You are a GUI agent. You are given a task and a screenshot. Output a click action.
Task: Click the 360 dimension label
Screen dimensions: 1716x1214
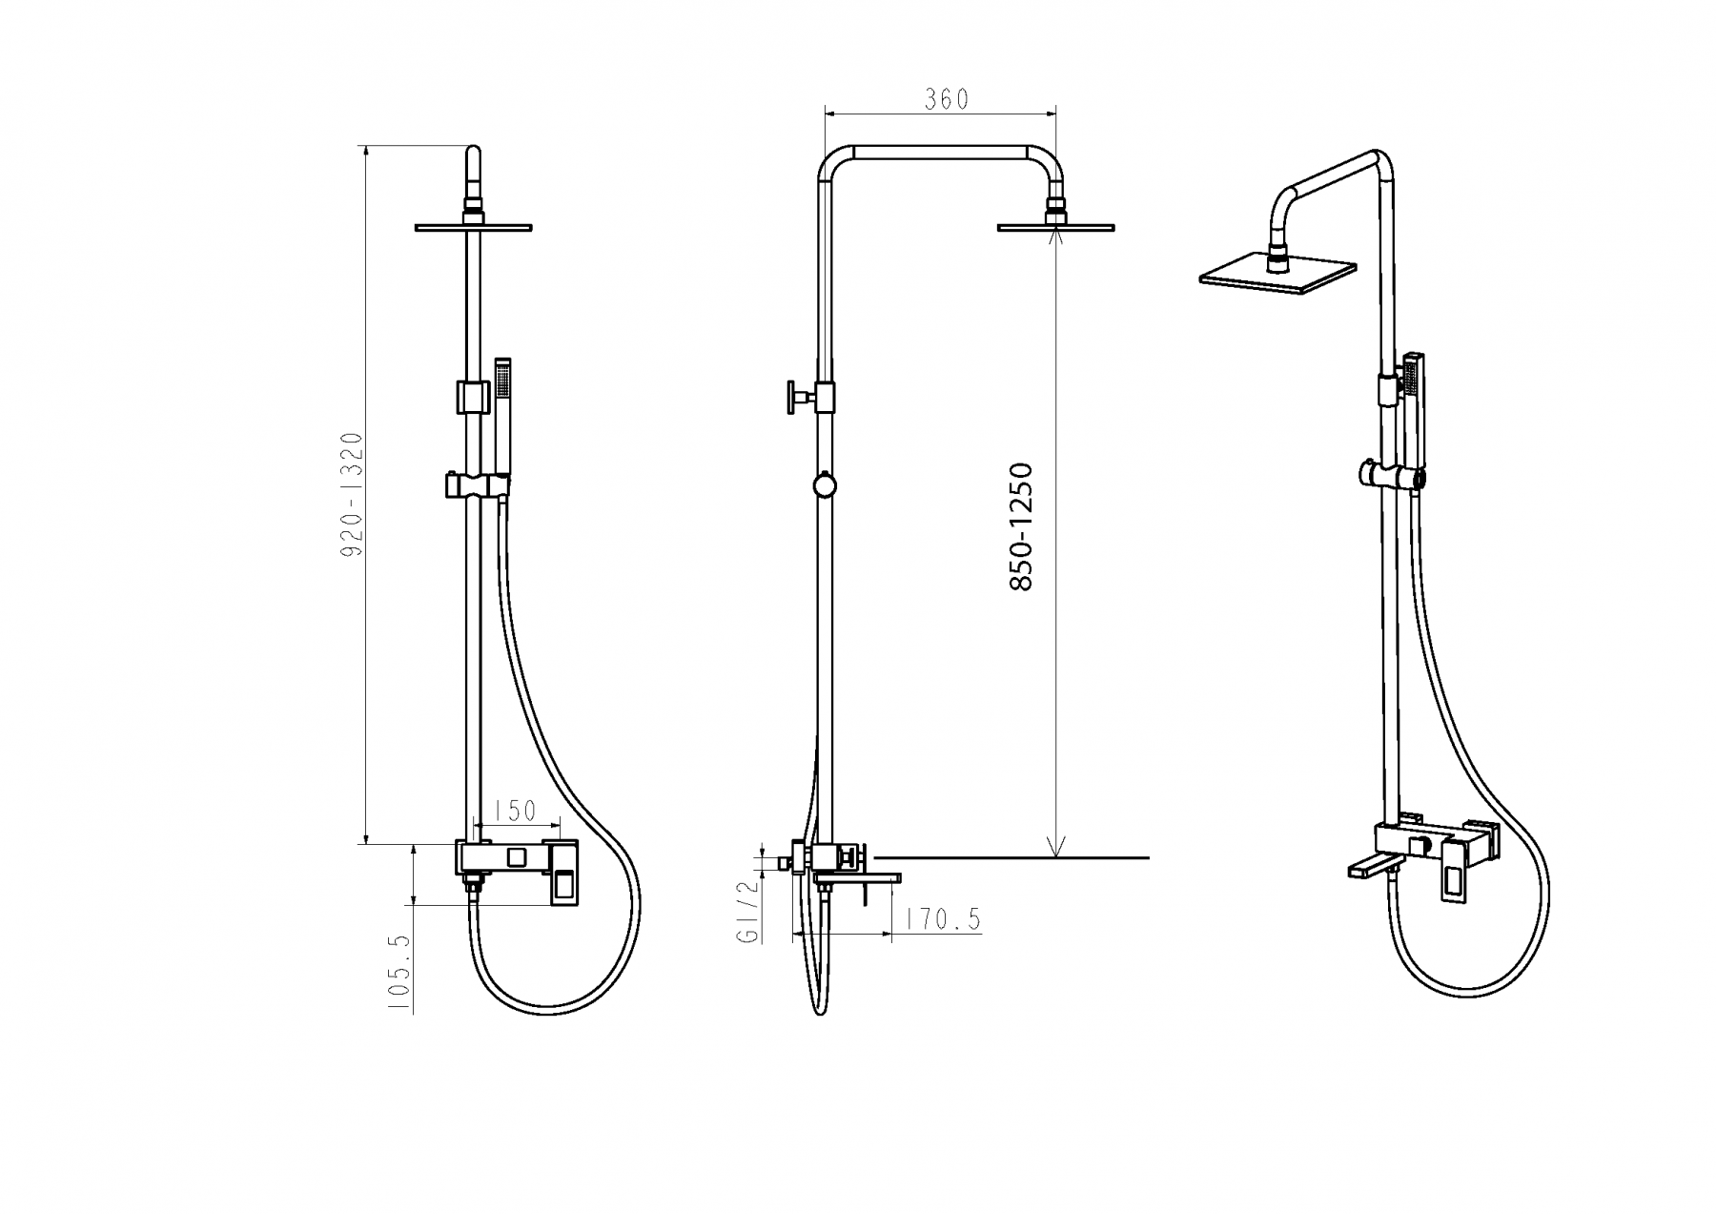pos(946,99)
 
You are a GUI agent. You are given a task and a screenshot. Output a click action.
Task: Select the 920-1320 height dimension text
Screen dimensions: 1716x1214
pos(353,495)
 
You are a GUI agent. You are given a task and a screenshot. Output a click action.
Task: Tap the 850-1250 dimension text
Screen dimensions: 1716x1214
pos(1021,526)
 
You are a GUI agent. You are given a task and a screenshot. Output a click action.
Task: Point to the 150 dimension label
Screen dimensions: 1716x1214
pos(517,812)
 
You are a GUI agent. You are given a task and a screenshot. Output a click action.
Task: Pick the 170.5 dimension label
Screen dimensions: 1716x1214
pos(943,919)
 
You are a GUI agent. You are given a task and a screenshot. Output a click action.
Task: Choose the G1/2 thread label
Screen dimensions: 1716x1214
pos(749,911)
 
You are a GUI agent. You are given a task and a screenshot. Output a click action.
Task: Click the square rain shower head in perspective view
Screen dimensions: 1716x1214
pos(1277,272)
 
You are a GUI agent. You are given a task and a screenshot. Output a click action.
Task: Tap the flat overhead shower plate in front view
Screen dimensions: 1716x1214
pos(473,228)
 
